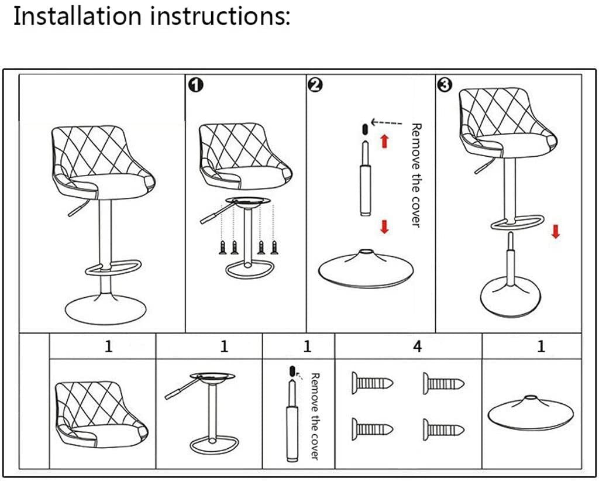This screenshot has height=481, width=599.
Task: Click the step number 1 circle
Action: [x=195, y=85]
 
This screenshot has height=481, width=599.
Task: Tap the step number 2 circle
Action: [x=315, y=85]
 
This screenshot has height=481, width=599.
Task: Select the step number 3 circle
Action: [x=444, y=85]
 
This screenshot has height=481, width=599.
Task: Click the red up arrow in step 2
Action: [x=385, y=140]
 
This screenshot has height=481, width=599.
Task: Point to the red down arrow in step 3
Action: [x=555, y=232]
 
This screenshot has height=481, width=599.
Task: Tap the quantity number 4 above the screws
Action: [x=417, y=346]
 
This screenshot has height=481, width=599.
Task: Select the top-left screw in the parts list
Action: [x=372, y=384]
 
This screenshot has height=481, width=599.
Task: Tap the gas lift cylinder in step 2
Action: [x=364, y=187]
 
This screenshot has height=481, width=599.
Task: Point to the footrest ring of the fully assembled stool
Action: [x=111, y=270]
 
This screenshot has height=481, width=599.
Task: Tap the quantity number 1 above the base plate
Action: [x=541, y=346]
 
